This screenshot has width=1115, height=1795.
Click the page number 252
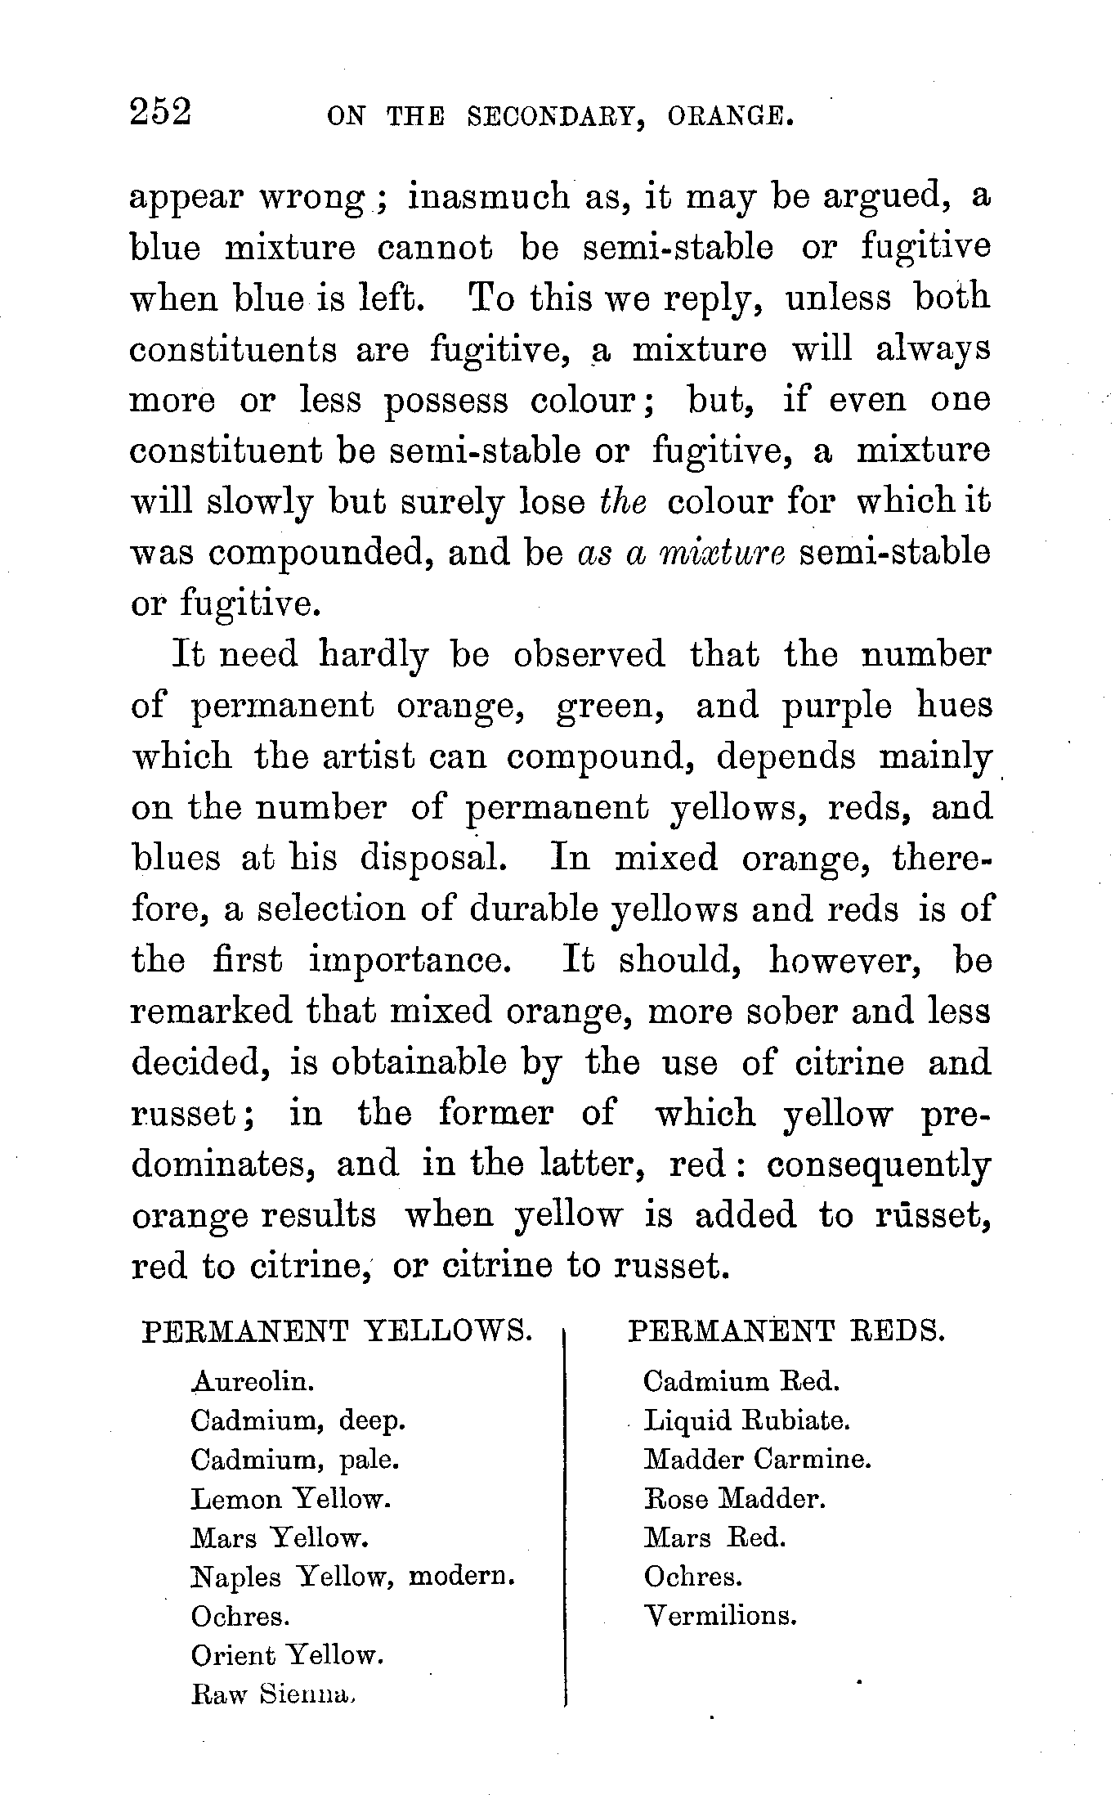tap(160, 112)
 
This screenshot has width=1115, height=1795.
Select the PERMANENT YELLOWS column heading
tap(337, 1331)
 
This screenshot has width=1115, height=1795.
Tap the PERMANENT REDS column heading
tap(786, 1331)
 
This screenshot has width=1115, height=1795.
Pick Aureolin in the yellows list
tap(253, 1381)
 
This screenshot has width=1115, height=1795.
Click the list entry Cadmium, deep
tap(298, 1421)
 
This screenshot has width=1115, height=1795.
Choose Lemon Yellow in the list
tap(291, 1499)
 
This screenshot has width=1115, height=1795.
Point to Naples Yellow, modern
tap(352, 1577)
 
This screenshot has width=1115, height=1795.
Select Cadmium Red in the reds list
tap(741, 1381)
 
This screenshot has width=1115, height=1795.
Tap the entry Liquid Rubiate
tap(747, 1420)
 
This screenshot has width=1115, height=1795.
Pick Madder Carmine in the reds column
tap(758, 1459)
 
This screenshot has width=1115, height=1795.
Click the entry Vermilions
tap(720, 1616)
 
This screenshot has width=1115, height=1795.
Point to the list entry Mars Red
tap(714, 1538)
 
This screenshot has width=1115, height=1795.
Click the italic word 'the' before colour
tap(623, 501)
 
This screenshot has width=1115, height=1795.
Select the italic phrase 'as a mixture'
tap(681, 553)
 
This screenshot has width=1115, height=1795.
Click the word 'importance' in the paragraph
tap(410, 960)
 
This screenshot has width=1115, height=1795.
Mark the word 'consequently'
tap(879, 1165)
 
